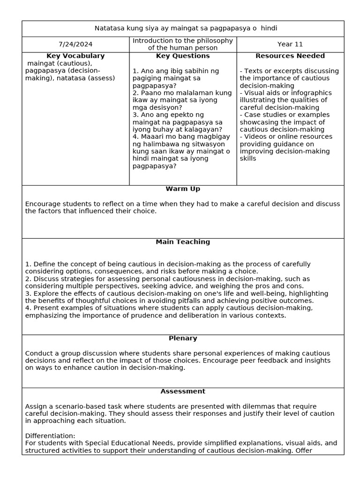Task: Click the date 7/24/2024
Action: pyautogui.click(x=75, y=45)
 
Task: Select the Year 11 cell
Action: pyautogui.click(x=290, y=45)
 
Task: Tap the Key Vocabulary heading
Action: pyautogui.click(x=75, y=56)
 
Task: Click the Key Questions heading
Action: pyautogui.click(x=183, y=56)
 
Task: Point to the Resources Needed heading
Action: pyautogui.click(x=290, y=56)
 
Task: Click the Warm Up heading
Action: pyautogui.click(x=183, y=189)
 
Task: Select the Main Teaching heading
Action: pyautogui.click(x=183, y=242)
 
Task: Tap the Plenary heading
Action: pyautogui.click(x=183, y=338)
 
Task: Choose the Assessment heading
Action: pyautogui.click(x=183, y=391)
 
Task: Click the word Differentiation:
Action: pyautogui.click(x=50, y=436)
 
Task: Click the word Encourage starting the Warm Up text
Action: pyautogui.click(x=43, y=204)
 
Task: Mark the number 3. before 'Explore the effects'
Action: pyautogui.click(x=28, y=293)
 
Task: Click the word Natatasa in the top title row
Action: pyautogui.click(x=110, y=29)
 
